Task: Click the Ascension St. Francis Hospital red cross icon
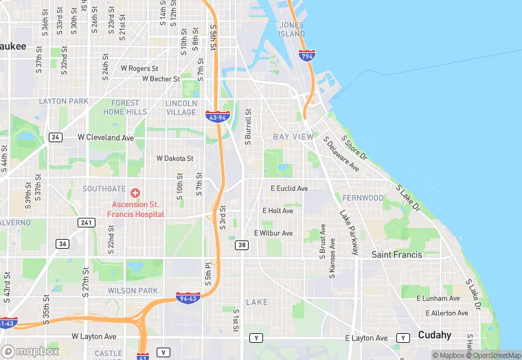135,193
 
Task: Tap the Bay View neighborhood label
293,137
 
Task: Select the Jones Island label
291,30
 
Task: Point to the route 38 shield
241,245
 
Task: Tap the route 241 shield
87,222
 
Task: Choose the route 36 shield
63,244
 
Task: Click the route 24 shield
56,137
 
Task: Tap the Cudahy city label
434,335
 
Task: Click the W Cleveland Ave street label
106,137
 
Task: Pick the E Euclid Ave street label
289,188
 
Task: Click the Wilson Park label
133,291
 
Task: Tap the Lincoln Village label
181,108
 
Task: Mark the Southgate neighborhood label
104,189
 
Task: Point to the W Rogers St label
139,69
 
